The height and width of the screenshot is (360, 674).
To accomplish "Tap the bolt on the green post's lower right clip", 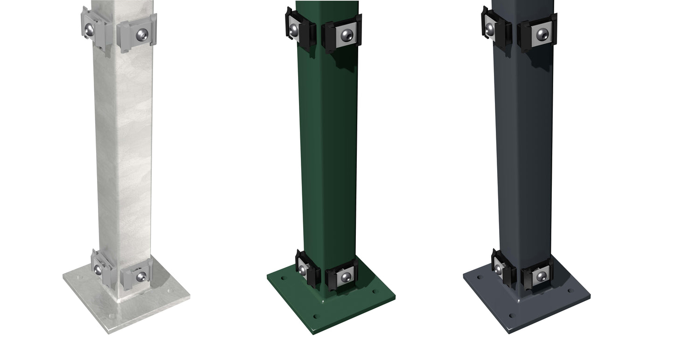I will (x=344, y=277).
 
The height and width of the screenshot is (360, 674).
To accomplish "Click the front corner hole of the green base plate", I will (x=316, y=316).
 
